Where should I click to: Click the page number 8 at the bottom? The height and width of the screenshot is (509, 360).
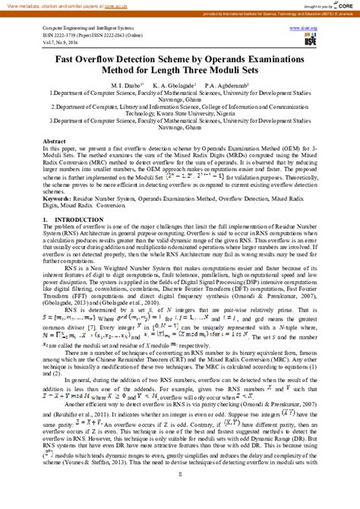[180, 496]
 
